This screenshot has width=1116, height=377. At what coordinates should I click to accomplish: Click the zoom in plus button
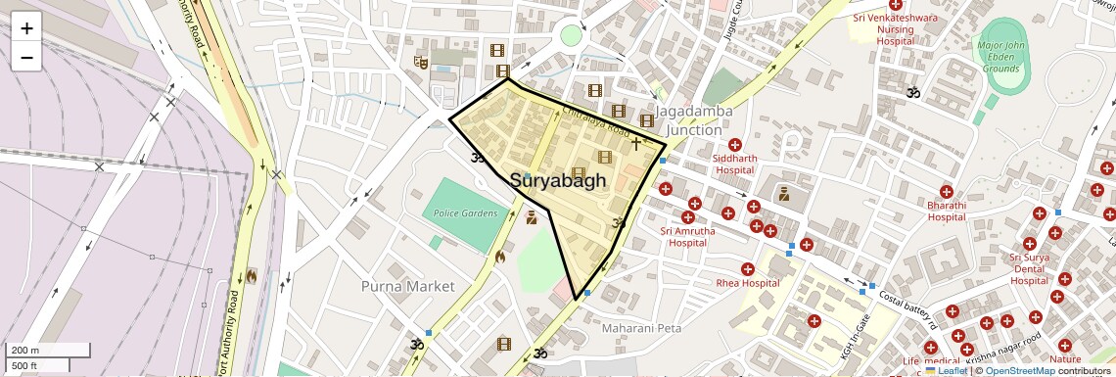pos(26,27)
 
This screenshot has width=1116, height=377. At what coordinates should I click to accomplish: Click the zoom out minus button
pos(26,57)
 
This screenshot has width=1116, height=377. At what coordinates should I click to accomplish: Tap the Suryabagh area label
pos(558,181)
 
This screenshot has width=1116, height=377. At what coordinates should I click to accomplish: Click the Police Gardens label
pos(465,213)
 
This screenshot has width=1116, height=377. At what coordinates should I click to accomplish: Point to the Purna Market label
pos(407,286)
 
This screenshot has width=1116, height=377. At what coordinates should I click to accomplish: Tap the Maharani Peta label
pos(641,328)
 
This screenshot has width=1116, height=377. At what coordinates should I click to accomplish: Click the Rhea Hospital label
pos(747,283)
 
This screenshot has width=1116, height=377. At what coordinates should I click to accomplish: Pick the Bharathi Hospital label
pos(947,211)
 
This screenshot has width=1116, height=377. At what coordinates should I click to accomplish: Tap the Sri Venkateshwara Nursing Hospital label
pos(895,29)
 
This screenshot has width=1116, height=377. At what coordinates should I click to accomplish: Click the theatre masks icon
pos(422,63)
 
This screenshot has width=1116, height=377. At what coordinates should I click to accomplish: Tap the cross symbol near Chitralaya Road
pos(635,144)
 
